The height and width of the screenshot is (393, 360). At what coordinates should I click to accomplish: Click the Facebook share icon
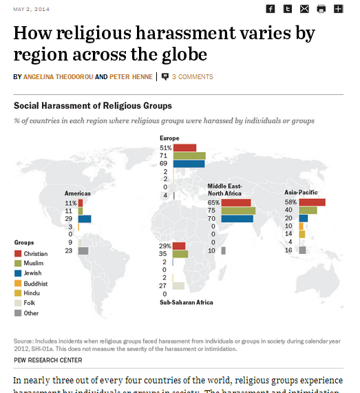click(271, 9)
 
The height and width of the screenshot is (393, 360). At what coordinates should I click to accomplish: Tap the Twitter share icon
click(288, 9)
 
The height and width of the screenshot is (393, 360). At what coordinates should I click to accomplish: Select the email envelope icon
click(304, 9)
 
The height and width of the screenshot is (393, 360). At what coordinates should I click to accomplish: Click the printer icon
click(321, 9)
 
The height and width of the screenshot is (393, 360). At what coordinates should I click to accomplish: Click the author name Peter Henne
click(132, 77)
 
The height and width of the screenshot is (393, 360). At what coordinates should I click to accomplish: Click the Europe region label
click(169, 138)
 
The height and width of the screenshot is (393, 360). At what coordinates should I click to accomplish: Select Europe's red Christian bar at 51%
click(184, 147)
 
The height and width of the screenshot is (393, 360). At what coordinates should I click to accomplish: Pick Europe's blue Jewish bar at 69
click(189, 164)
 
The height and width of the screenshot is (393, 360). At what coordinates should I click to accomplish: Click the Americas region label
click(78, 193)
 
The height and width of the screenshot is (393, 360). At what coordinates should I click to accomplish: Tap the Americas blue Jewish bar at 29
click(85, 219)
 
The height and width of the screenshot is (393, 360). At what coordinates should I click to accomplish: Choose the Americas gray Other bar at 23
click(83, 251)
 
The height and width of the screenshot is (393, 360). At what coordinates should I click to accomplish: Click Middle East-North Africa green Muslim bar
click(238, 211)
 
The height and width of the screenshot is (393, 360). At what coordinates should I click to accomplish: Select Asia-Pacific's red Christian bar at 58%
click(312, 202)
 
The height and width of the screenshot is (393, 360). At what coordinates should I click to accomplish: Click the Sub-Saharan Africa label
click(186, 302)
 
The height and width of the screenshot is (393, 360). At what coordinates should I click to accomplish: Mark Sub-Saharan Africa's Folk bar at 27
click(178, 286)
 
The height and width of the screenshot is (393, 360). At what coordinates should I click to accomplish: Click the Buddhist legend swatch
click(18, 283)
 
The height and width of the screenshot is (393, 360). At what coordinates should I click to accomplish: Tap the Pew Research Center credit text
click(47, 360)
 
